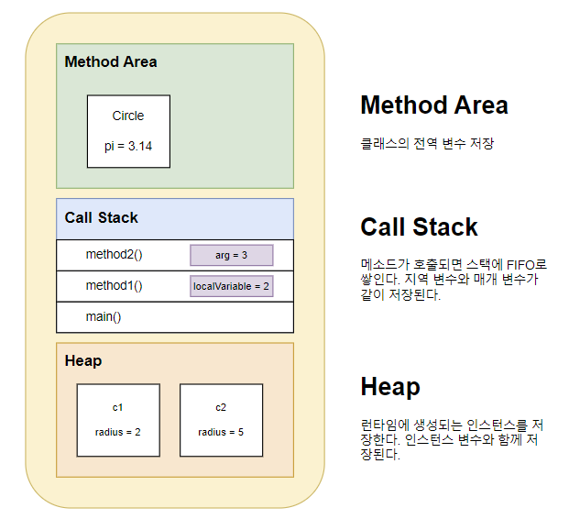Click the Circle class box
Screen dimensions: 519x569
(x=128, y=131)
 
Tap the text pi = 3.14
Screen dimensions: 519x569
(x=128, y=147)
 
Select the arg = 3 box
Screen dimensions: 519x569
(x=231, y=255)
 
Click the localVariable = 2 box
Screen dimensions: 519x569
(x=231, y=286)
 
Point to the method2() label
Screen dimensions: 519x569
(x=115, y=255)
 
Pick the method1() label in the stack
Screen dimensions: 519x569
(x=115, y=286)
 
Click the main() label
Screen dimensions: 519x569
(x=104, y=317)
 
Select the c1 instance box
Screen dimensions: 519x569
(x=118, y=420)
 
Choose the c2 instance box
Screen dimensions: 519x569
(x=221, y=420)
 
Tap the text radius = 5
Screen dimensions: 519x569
(x=221, y=432)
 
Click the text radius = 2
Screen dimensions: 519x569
(x=118, y=432)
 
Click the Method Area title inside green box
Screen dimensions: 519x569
(x=111, y=62)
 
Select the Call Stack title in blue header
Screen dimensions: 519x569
(x=102, y=218)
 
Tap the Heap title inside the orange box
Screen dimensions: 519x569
(x=83, y=361)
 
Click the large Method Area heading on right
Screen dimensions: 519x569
(x=433, y=105)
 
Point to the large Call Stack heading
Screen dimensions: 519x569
(x=419, y=227)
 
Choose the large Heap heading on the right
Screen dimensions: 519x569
(x=390, y=387)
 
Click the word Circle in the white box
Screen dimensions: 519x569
(x=128, y=116)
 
